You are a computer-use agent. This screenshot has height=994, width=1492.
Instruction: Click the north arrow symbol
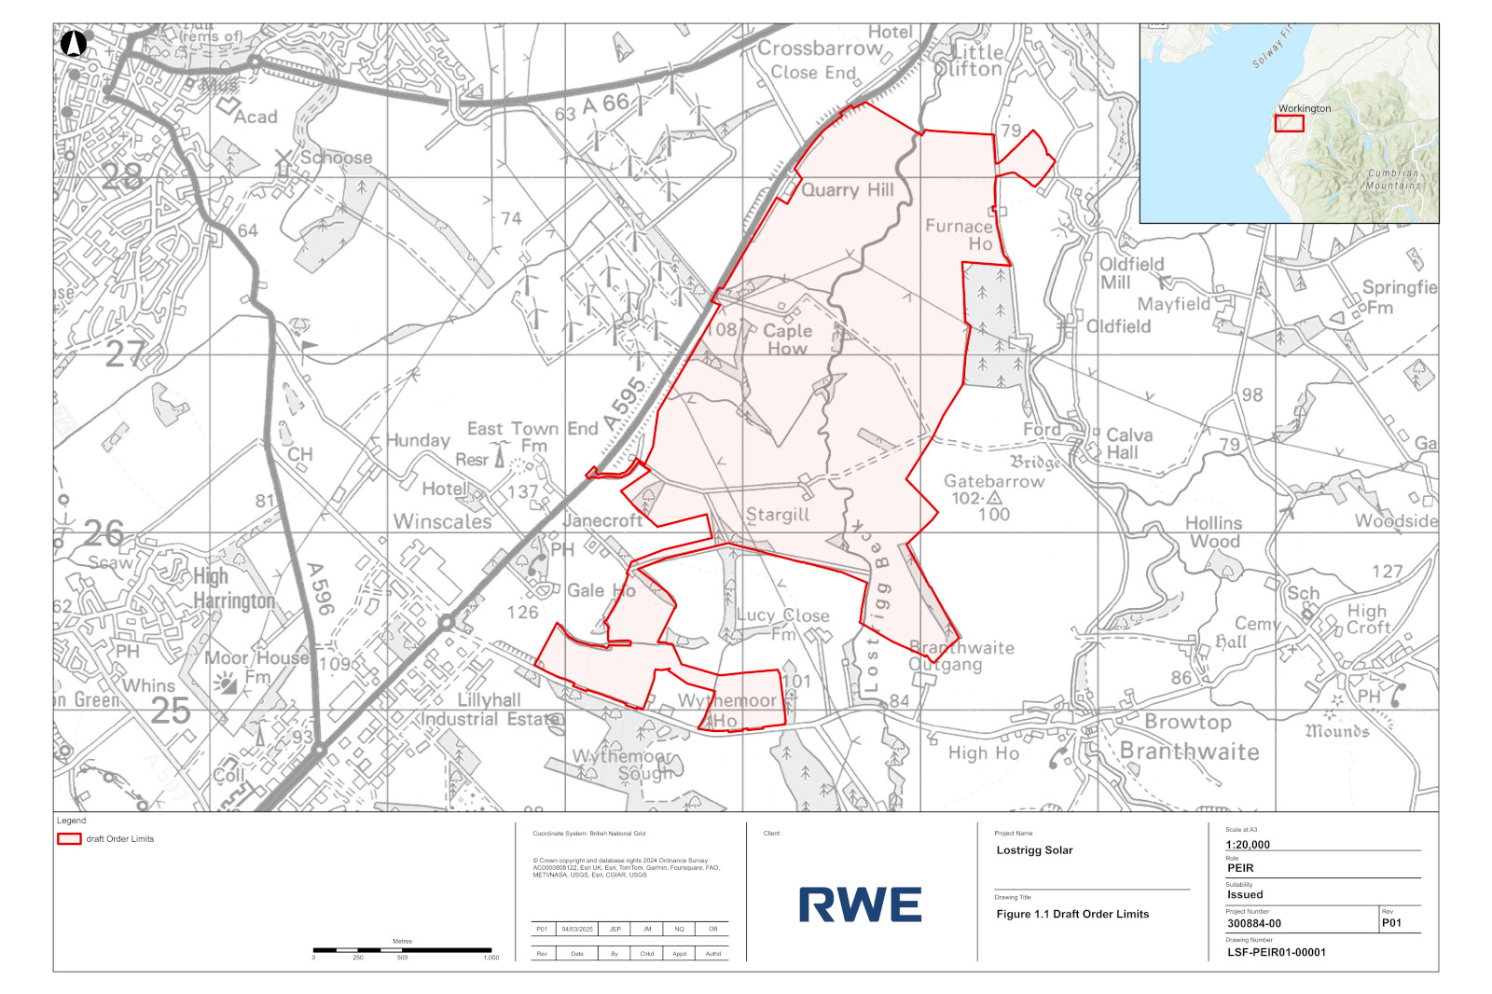74,43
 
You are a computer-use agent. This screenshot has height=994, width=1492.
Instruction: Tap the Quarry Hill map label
848,190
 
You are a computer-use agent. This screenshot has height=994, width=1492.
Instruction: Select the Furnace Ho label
960,235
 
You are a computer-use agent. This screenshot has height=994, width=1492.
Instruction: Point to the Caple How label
788,339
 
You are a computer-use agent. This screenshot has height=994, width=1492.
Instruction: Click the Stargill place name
778,515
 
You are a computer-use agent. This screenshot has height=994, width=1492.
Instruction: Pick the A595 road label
625,403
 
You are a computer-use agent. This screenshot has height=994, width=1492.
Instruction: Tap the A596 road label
319,588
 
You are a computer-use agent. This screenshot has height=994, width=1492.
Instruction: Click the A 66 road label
605,104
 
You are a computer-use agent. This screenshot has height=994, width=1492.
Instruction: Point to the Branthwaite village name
1189,752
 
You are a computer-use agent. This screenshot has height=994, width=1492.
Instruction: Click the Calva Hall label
1127,444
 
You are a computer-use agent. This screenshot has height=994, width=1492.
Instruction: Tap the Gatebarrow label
994,481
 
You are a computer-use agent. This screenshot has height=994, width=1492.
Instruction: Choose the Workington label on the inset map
1305,108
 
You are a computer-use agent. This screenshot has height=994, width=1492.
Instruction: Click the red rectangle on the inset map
1290,123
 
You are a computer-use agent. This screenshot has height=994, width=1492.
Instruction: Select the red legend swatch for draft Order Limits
69,839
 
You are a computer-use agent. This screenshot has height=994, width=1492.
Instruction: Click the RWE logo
860,904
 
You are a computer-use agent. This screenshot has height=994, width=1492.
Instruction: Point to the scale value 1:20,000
1248,845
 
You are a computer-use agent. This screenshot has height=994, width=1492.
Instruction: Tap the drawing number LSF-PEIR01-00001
1276,952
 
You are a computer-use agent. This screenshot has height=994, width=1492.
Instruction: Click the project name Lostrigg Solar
1034,850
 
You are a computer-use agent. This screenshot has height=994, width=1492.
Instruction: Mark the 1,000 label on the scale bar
491,958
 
